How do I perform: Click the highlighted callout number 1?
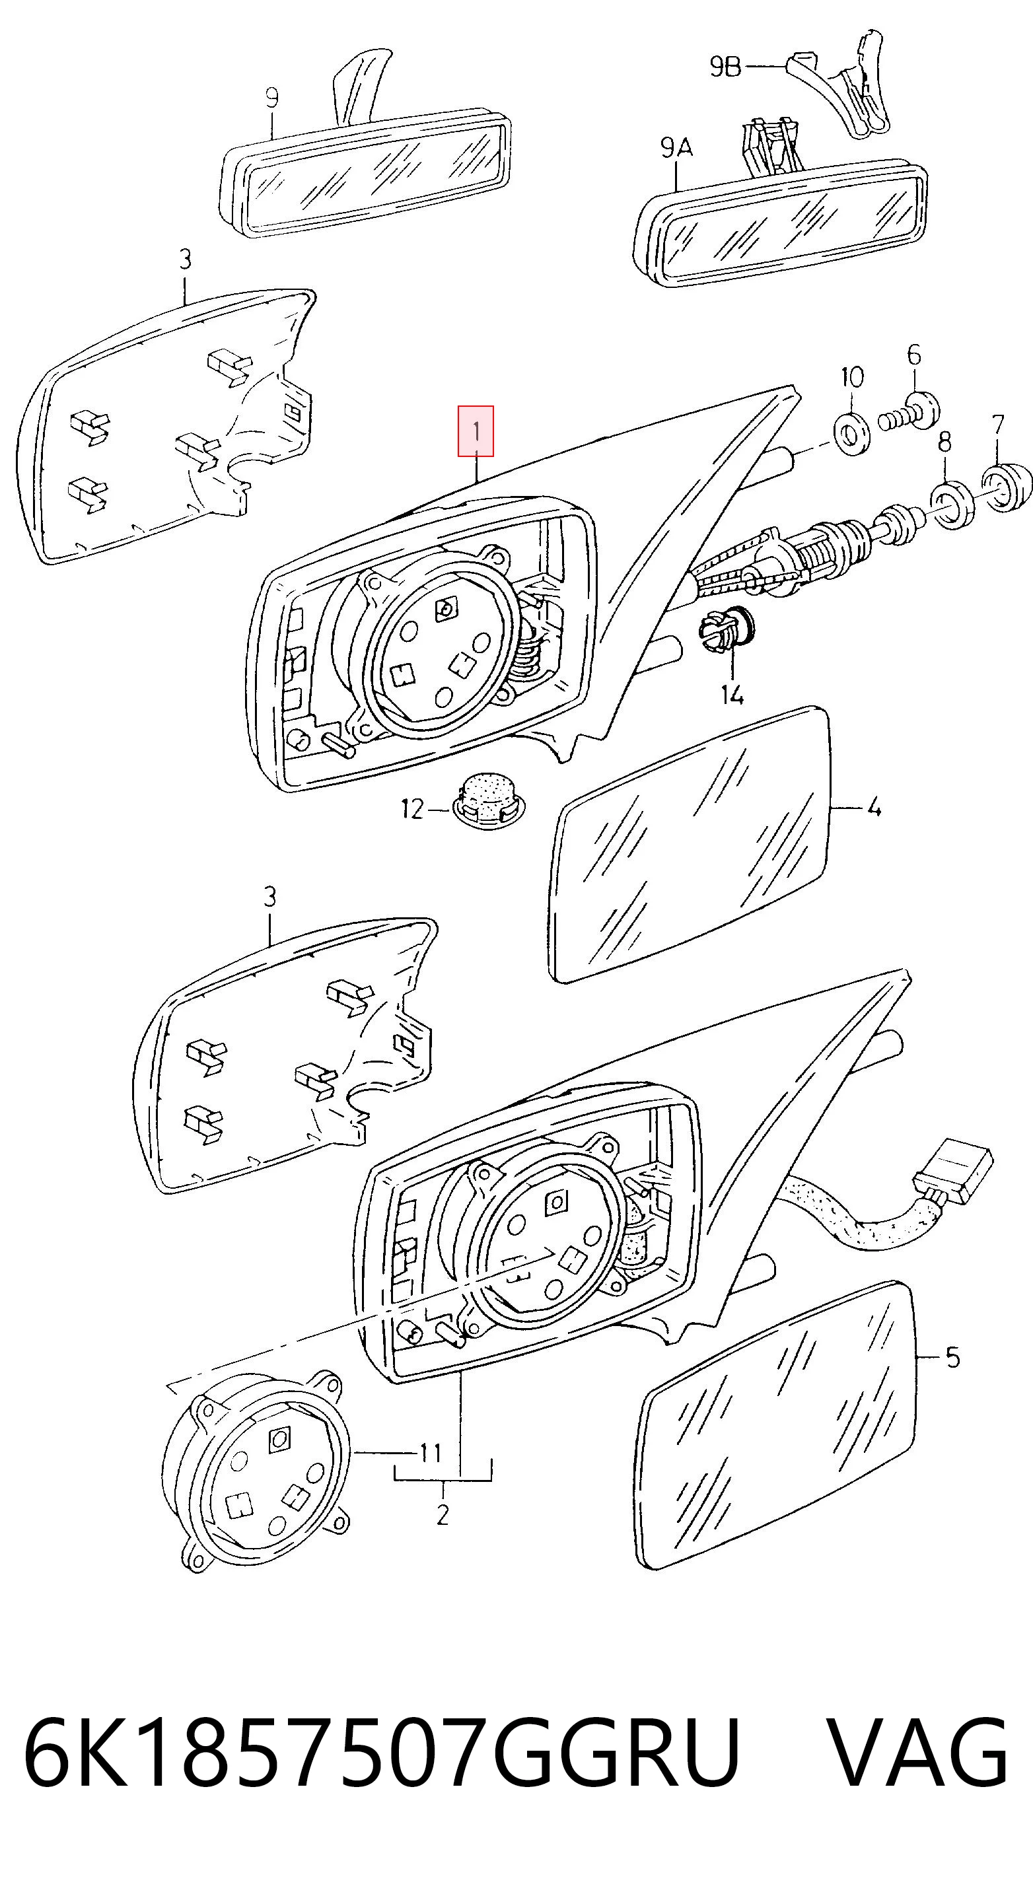pyautogui.click(x=476, y=431)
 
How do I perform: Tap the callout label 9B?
pyautogui.click(x=726, y=67)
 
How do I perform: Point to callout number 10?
pyautogui.click(x=852, y=378)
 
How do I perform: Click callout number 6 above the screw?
pyautogui.click(x=913, y=355)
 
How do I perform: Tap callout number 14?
pyautogui.click(x=732, y=694)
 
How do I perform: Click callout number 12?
pyautogui.click(x=412, y=810)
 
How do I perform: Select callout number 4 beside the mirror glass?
pyautogui.click(x=874, y=808)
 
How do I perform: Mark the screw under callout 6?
pyautogui.click(x=909, y=413)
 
